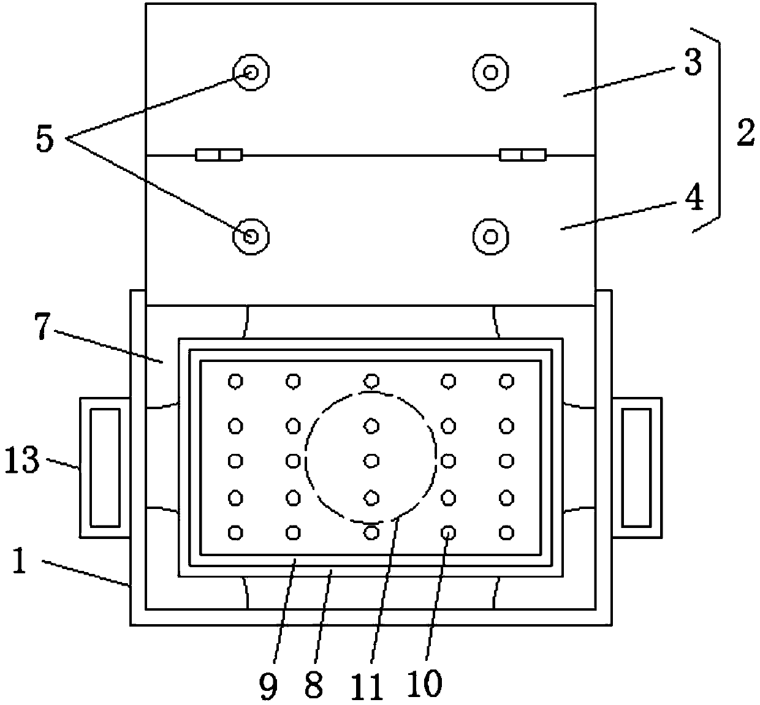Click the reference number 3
pyautogui.click(x=693, y=62)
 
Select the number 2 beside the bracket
pyautogui.click(x=745, y=134)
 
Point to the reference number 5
pyautogui.click(x=44, y=139)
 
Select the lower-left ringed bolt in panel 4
pyautogui.click(x=251, y=236)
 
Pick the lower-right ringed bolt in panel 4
pyautogui.click(x=490, y=236)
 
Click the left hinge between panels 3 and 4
pyautogui.click(x=219, y=154)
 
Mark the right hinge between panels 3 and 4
pyautogui.click(x=522, y=154)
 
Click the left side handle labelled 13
pyautogui.click(x=105, y=467)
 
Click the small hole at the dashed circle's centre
pyautogui.click(x=371, y=460)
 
